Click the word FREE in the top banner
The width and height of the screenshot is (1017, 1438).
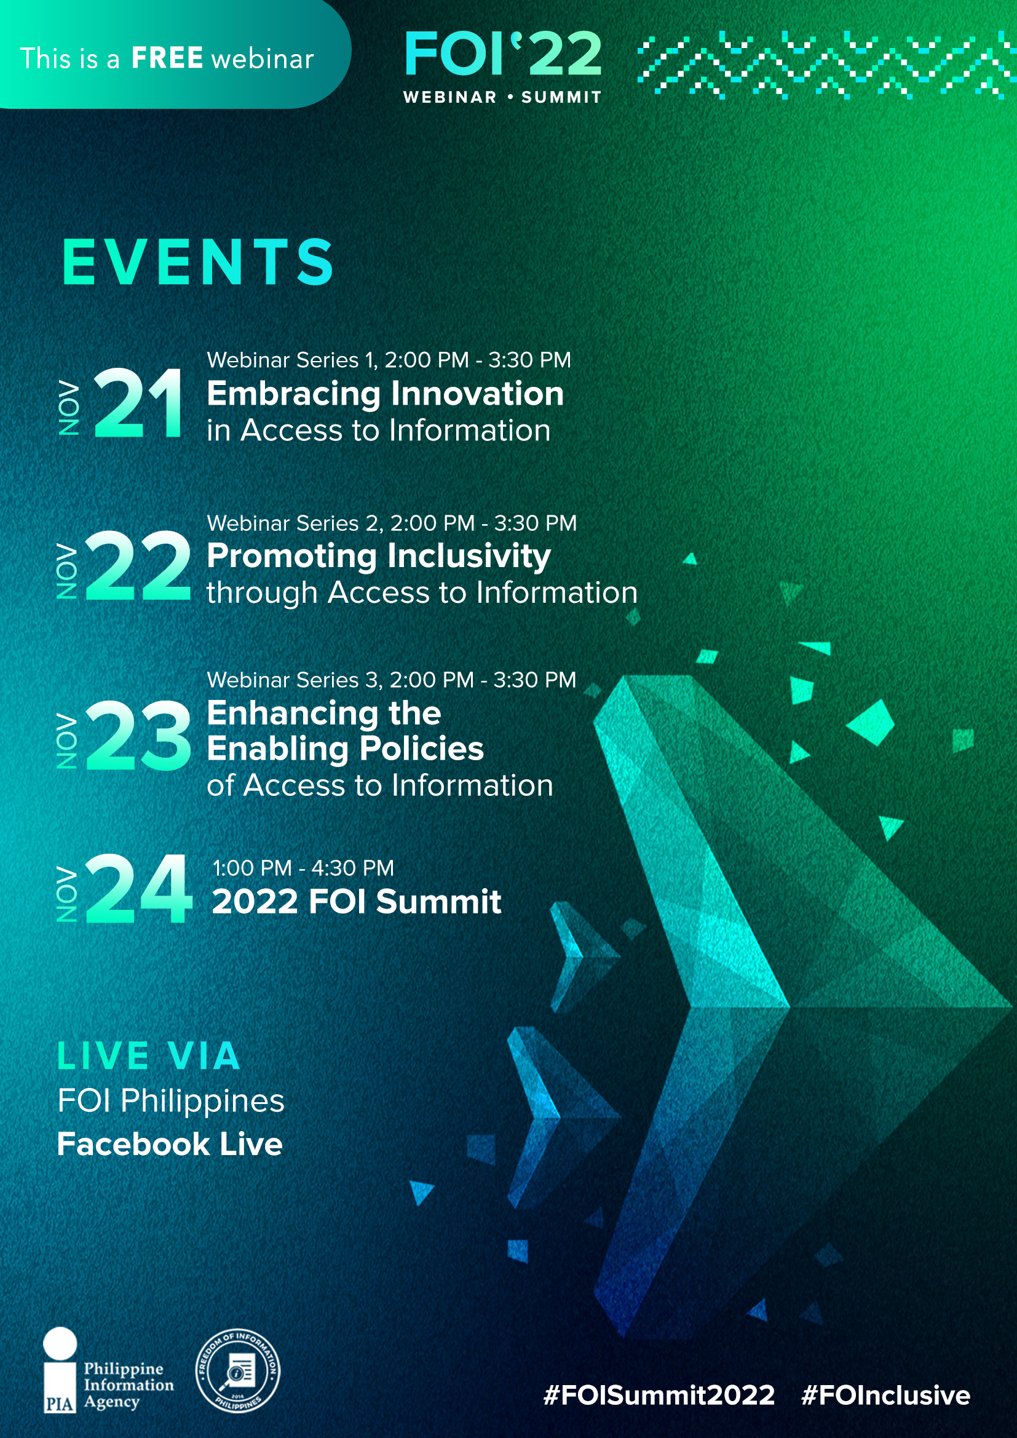(x=167, y=58)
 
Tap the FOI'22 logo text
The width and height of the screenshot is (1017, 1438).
(x=504, y=54)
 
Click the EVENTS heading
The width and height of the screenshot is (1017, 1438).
(x=198, y=262)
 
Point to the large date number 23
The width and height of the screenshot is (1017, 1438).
(x=138, y=734)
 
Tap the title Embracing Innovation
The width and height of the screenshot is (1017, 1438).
(x=385, y=394)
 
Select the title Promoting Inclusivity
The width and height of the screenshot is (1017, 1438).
(x=379, y=556)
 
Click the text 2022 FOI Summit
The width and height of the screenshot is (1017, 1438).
(x=357, y=901)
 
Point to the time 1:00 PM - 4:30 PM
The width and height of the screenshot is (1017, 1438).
(x=304, y=868)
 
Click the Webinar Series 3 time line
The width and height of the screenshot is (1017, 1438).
(x=392, y=680)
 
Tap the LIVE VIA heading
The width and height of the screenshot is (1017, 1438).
(x=148, y=1056)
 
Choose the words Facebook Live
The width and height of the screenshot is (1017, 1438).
(x=170, y=1143)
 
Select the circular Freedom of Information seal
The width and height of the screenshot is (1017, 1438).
(x=238, y=1371)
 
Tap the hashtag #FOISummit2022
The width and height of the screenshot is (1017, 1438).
(x=659, y=1396)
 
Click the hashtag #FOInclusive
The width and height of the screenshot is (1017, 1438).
(x=885, y=1396)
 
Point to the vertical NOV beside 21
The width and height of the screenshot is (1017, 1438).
(x=69, y=408)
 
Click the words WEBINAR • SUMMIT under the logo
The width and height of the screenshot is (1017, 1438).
(x=503, y=97)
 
